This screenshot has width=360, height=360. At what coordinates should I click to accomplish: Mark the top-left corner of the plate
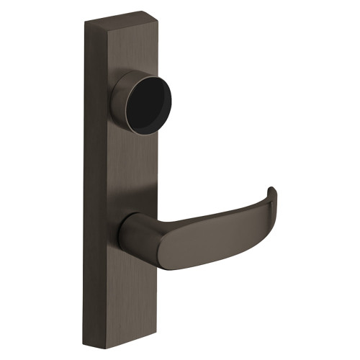tap(85, 22)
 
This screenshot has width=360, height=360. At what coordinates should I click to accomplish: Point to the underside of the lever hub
tap(137, 265)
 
